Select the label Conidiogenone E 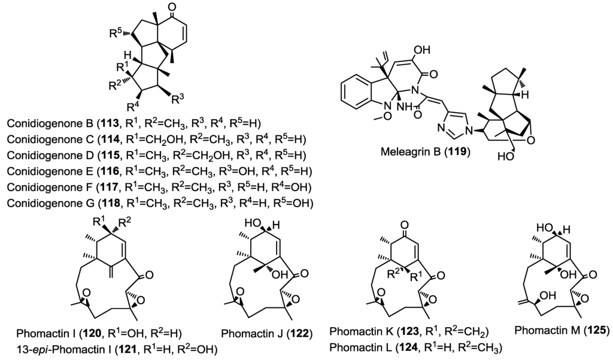click(x=45, y=171)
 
